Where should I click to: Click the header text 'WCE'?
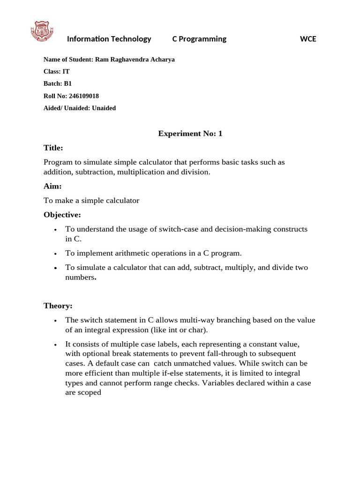(308, 39)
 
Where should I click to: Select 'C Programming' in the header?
(199, 39)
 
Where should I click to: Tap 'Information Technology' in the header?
(109, 39)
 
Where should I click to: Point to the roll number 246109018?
(83, 96)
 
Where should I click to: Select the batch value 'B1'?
(68, 84)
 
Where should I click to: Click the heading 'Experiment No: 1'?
(190, 134)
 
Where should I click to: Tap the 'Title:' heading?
(53, 148)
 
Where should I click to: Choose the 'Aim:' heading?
(52, 186)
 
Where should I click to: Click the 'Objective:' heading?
(62, 215)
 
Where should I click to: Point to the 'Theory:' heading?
(58, 306)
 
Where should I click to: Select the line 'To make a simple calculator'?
(91, 201)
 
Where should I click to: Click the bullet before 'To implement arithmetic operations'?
(55, 254)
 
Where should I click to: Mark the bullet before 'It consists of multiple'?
(55, 345)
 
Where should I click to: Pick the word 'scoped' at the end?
(90, 392)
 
